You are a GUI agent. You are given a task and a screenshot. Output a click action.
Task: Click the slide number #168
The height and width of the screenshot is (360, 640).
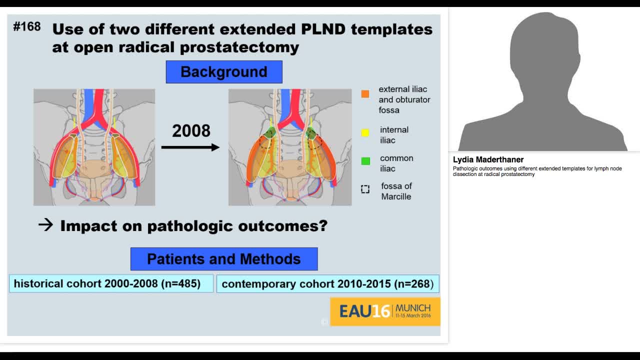click(x=27, y=26)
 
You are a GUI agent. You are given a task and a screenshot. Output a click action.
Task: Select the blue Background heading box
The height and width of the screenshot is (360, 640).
click(x=224, y=72)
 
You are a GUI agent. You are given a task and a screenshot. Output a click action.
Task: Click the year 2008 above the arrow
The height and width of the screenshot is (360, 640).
click(x=191, y=131)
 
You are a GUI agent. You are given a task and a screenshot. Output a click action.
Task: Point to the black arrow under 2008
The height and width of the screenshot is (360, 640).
click(x=190, y=147)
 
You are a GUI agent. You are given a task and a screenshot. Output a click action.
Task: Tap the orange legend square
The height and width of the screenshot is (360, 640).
click(x=365, y=94)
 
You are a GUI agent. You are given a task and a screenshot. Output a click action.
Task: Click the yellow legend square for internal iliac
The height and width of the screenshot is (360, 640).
click(x=365, y=132)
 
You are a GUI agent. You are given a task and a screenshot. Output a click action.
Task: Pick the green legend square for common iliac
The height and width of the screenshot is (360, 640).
click(x=365, y=161)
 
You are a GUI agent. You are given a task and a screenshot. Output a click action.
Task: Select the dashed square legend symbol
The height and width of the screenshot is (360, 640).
click(x=365, y=189)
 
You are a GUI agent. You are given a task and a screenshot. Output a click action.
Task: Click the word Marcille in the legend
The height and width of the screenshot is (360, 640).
click(x=396, y=196)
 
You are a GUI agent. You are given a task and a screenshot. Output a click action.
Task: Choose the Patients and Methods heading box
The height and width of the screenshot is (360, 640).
click(x=224, y=259)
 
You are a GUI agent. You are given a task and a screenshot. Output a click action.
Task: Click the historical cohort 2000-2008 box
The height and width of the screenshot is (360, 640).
click(x=111, y=283)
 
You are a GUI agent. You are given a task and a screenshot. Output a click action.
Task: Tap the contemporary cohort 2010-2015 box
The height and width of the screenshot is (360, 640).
click(x=327, y=284)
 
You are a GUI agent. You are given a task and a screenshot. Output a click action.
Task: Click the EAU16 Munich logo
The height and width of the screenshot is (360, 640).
click(x=385, y=311)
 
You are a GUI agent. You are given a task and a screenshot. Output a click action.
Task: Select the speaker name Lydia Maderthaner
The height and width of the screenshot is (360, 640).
click(x=488, y=159)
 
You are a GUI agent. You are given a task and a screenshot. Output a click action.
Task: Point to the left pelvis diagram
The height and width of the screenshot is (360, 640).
click(x=94, y=147)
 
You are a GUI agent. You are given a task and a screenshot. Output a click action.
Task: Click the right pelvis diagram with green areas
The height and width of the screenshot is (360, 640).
click(x=290, y=147)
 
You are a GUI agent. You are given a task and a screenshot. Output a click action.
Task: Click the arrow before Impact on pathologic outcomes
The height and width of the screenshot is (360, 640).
click(x=45, y=225)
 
